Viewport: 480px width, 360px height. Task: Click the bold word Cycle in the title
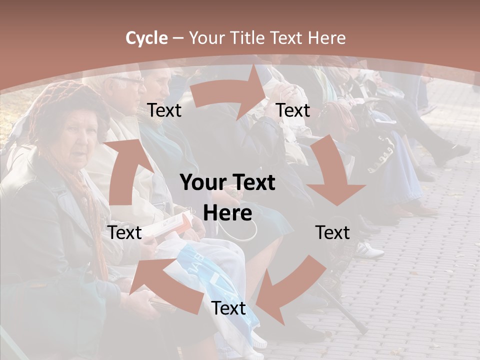click(x=146, y=38)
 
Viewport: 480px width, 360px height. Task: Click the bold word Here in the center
click(x=227, y=213)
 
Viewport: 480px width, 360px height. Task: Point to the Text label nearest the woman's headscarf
click(x=164, y=110)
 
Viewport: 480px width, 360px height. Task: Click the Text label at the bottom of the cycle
click(x=228, y=308)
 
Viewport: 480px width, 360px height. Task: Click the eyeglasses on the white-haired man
click(x=129, y=80)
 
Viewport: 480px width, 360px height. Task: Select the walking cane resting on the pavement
click(x=345, y=307)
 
